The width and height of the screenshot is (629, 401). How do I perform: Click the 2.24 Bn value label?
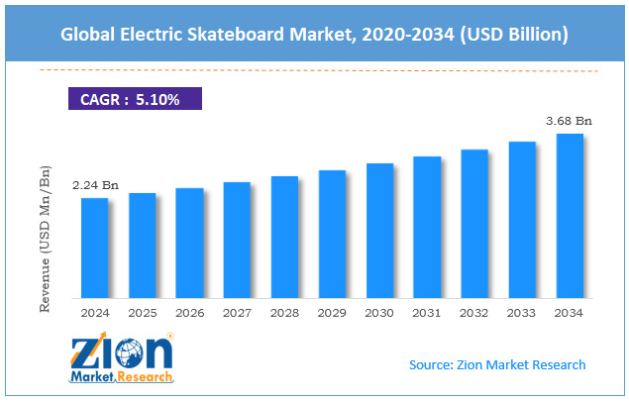94,185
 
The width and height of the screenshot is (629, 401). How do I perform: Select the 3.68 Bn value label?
570,121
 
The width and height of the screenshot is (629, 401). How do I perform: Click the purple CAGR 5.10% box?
134,98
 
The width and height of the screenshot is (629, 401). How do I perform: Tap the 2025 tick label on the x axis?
142,313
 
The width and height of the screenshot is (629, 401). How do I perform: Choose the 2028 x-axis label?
284,313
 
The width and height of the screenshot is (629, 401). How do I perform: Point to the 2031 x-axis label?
427,313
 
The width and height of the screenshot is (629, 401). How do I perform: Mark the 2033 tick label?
522,313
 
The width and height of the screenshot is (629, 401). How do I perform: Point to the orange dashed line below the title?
317,70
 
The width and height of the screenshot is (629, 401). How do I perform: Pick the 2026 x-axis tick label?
189,313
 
